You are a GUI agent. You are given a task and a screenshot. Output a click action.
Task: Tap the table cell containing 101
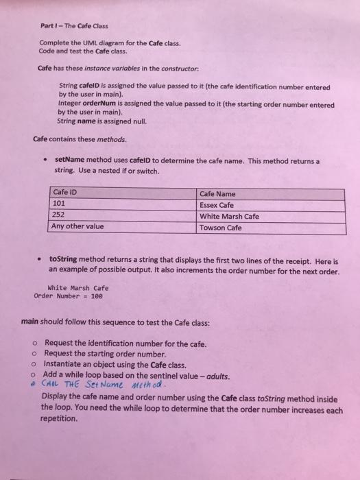(60, 184)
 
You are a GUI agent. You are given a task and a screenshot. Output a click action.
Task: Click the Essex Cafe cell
(217, 185)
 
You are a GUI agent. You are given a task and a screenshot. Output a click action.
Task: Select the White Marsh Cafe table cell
(229, 196)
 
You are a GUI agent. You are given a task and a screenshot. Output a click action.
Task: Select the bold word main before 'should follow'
(32, 320)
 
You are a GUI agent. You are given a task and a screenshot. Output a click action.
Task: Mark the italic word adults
(219, 375)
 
